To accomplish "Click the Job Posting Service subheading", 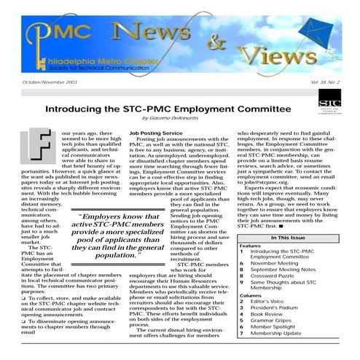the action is pyautogui.click(x=155, y=133).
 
